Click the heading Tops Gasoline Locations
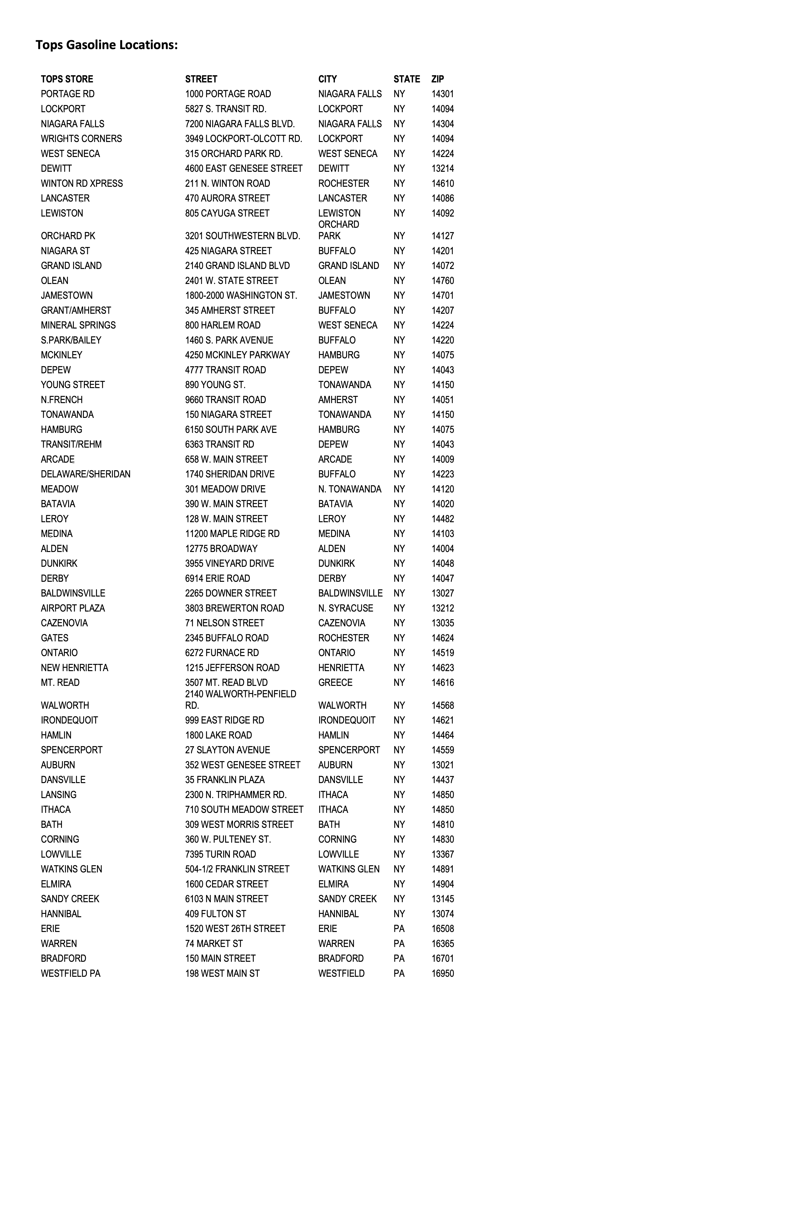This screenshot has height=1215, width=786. (x=107, y=45)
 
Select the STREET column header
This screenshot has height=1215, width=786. (x=201, y=79)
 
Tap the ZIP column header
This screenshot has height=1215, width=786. (x=437, y=79)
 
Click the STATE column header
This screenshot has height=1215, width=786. (x=406, y=79)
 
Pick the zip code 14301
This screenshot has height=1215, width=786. (x=443, y=94)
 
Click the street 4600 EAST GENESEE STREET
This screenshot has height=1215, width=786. (x=243, y=168)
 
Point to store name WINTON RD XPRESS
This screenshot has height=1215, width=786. (x=82, y=183)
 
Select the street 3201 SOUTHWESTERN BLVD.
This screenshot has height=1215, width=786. (x=242, y=236)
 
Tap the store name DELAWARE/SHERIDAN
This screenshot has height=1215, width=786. (x=85, y=474)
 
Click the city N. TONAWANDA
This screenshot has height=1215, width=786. (x=350, y=489)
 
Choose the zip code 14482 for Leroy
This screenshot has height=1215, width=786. (x=443, y=519)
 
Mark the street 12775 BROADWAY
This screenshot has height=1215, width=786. (x=221, y=549)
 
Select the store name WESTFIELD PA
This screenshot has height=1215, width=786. (x=71, y=973)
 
